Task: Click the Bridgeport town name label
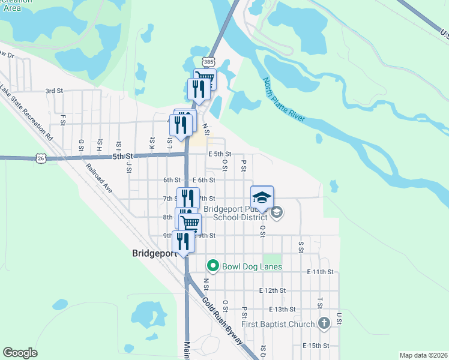[157, 253]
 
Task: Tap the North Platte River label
[284, 100]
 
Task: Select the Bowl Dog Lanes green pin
[212, 265]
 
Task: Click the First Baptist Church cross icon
[324, 324]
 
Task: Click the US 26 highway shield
[40, 158]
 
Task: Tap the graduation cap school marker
[262, 197]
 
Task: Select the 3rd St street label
[54, 91]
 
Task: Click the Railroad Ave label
[98, 179]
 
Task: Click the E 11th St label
[319, 272]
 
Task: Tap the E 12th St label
[272, 290]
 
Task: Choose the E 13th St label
[283, 309]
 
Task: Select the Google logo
[20, 353]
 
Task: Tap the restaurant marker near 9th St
[183, 241]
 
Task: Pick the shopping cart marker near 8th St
[190, 224]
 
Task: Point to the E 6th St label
[204, 180]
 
